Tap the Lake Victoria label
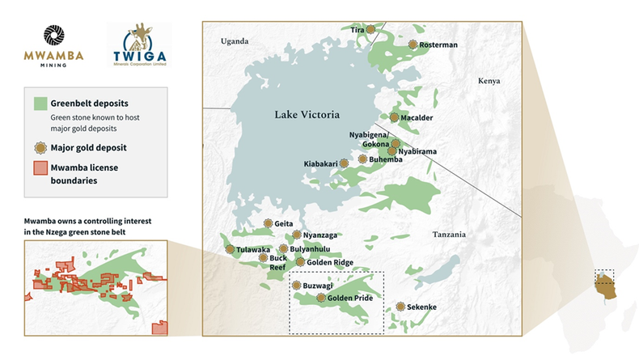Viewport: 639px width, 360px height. pos(305,114)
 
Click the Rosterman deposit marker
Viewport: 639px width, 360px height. pos(413,44)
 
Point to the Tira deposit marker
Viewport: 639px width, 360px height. pos(370,29)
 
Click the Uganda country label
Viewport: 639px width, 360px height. pos(235,41)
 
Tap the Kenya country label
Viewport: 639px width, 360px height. pos(489,81)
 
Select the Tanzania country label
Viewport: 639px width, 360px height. pos(449,235)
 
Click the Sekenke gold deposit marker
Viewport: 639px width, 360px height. pos(400,307)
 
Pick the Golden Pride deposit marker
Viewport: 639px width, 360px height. pos(321,298)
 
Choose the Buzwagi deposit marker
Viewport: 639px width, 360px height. pos(296,286)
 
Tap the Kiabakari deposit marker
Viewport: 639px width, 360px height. pos(343,163)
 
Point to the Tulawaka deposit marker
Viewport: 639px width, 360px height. pos(230,249)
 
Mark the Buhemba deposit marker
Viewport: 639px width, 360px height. pos(362,159)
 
